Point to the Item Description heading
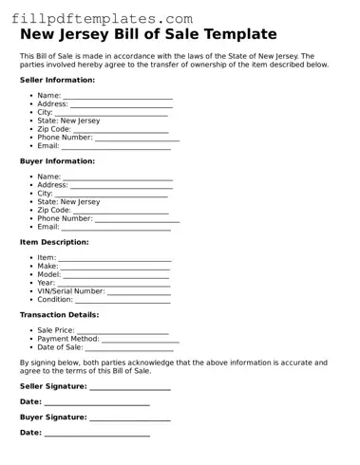[54, 242]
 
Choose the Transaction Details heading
[59, 314]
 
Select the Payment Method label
[67, 339]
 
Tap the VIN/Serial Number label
[70, 291]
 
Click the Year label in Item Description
[46, 283]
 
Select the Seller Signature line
[130, 387]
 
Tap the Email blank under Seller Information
[116, 147]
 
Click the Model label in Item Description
[48, 274]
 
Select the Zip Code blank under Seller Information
[115, 130]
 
